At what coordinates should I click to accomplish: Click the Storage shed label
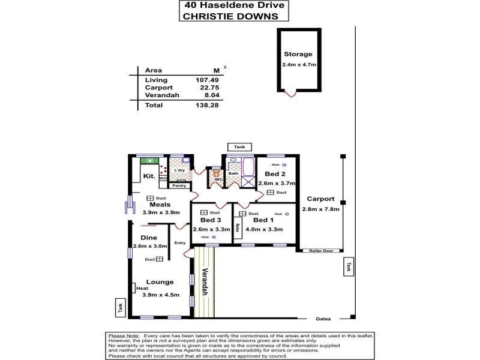pos(298,54)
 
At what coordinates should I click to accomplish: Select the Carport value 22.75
pos(207,87)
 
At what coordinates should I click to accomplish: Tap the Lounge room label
pos(159,282)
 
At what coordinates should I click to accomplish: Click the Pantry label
pos(179,185)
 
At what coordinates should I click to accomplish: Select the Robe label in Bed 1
pos(238,229)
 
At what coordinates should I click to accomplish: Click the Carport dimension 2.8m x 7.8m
pos(323,209)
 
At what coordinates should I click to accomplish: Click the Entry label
pos(179,243)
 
